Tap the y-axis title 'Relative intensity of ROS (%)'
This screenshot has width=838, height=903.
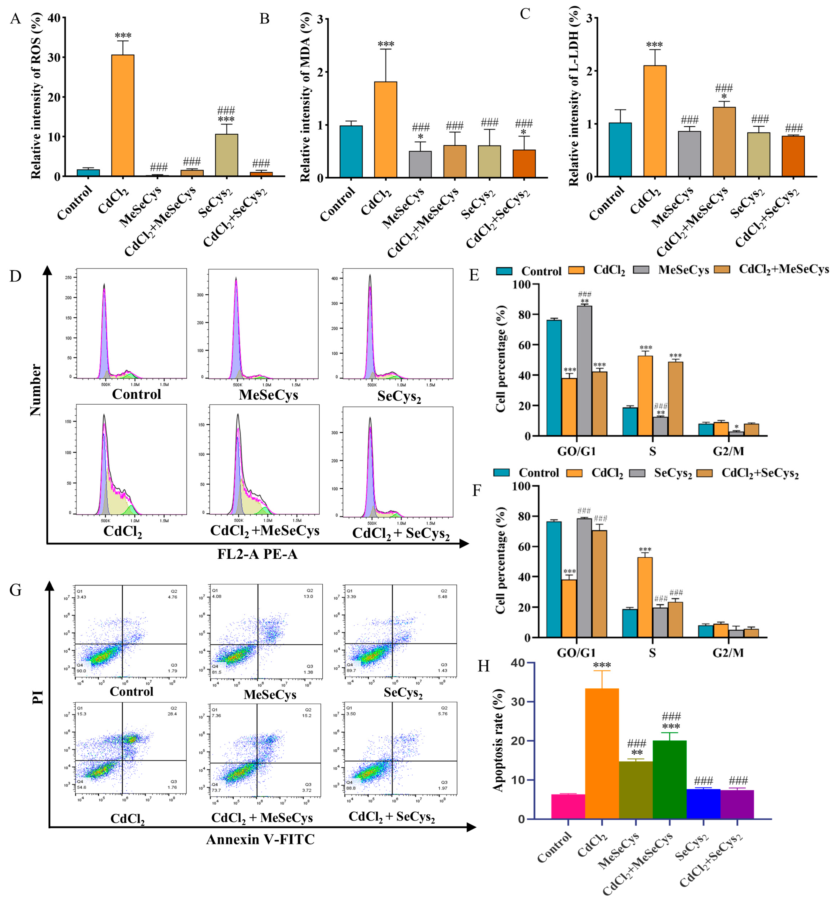tap(36, 96)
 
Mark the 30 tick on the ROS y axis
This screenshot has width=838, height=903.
tap(54, 58)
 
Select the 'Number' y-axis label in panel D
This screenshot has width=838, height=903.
tap(35, 390)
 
